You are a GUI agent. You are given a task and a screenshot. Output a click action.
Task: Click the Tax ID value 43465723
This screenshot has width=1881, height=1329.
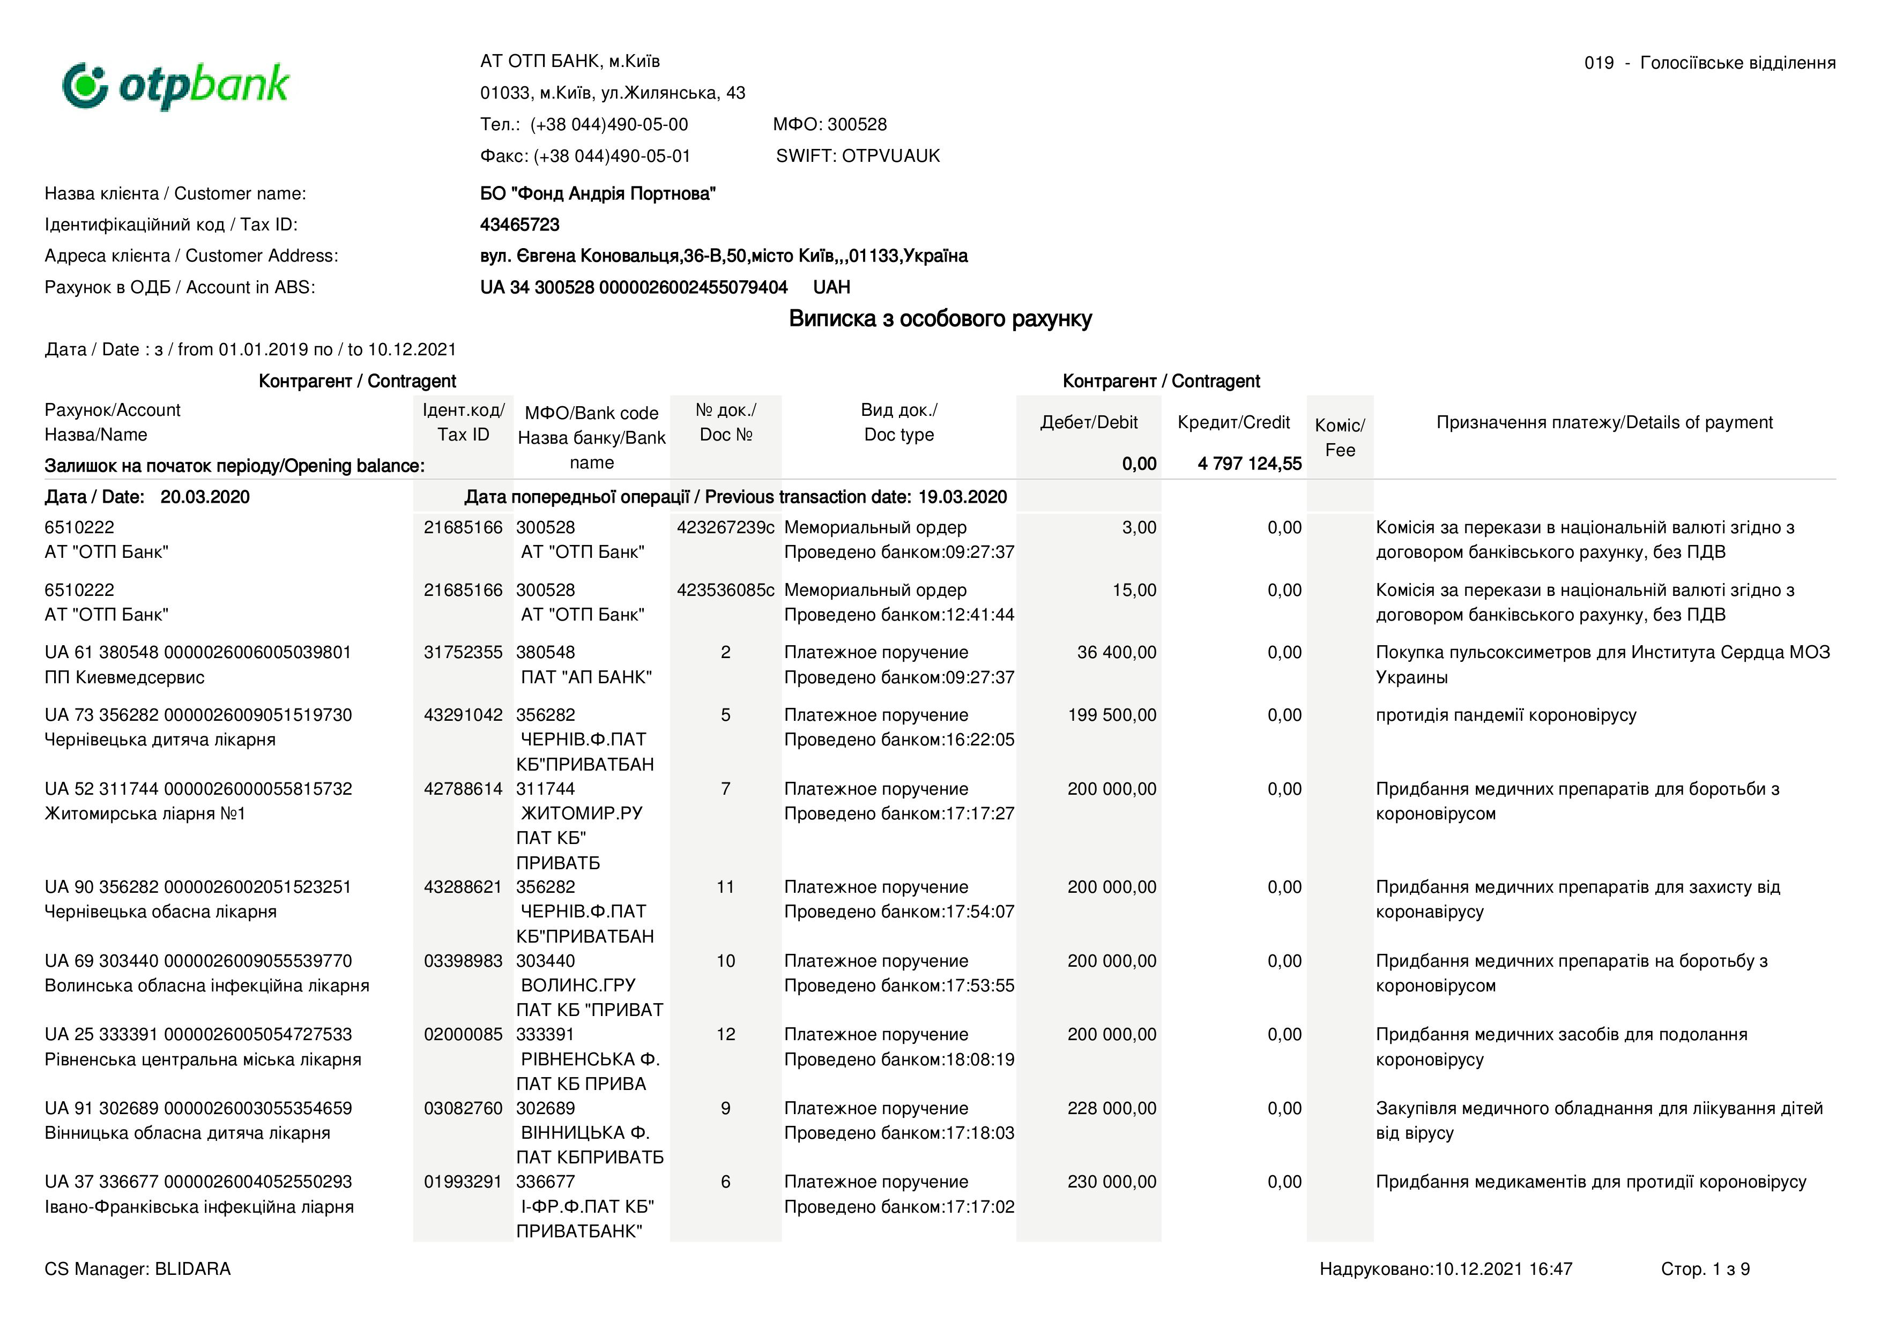[519, 225]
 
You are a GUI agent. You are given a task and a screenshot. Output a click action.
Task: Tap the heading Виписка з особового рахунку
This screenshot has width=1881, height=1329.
[940, 318]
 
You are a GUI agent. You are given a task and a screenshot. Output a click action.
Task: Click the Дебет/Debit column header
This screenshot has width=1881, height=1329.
[1088, 422]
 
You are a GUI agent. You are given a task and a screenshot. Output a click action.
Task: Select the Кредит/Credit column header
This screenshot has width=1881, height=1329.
[1233, 422]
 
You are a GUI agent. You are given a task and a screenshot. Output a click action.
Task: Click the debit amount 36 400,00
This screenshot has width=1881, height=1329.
[1116, 653]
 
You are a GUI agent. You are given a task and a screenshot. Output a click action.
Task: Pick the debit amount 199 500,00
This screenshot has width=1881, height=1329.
[1112, 715]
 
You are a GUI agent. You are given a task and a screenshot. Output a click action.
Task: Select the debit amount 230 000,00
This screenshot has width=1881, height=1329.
[1112, 1182]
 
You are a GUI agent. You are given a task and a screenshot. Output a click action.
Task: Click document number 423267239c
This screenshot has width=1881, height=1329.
[725, 527]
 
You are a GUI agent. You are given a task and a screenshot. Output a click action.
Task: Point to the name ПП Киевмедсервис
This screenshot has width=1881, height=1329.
[124, 677]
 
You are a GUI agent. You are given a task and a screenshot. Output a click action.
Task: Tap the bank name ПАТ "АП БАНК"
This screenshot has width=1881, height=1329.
[586, 677]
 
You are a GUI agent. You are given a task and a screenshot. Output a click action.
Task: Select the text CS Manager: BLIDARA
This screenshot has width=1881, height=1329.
[138, 1268]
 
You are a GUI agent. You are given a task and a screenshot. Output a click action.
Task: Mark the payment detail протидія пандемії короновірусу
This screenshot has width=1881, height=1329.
[1506, 715]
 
